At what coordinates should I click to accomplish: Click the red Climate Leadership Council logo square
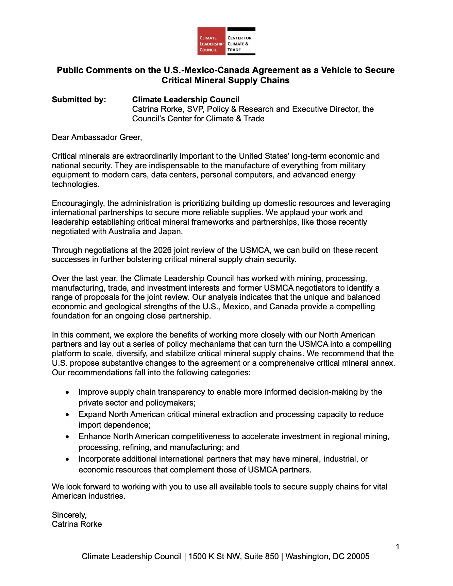(211, 41)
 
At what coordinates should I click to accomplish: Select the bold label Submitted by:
(79, 100)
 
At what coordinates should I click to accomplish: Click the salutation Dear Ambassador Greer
(97, 137)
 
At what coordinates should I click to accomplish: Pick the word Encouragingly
(78, 203)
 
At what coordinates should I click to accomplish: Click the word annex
(383, 363)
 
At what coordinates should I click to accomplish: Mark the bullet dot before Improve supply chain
(68, 392)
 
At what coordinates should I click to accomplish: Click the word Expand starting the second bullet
(92, 414)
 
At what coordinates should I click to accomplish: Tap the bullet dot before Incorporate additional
(68, 459)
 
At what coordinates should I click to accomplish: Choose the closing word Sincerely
(69, 515)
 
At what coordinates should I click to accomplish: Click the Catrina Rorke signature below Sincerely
(77, 524)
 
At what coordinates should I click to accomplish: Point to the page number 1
(398, 547)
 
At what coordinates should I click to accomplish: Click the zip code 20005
(358, 556)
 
